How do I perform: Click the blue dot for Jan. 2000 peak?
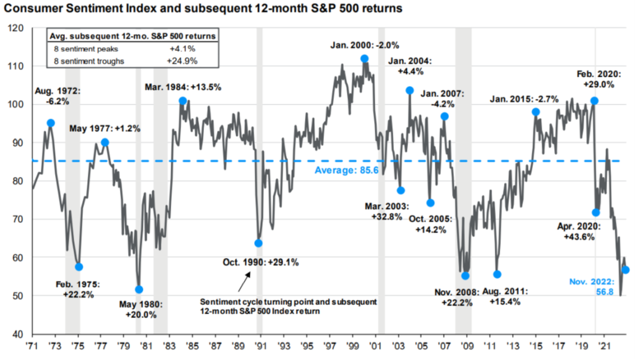364,59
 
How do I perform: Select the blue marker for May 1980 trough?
139,289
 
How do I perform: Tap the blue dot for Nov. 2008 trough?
466,276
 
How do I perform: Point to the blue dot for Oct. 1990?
258,243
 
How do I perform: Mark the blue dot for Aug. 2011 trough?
497,274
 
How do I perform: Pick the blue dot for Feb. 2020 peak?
594,101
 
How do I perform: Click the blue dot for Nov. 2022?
625,270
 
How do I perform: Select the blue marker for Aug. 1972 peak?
51,123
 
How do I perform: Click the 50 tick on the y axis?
17,296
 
